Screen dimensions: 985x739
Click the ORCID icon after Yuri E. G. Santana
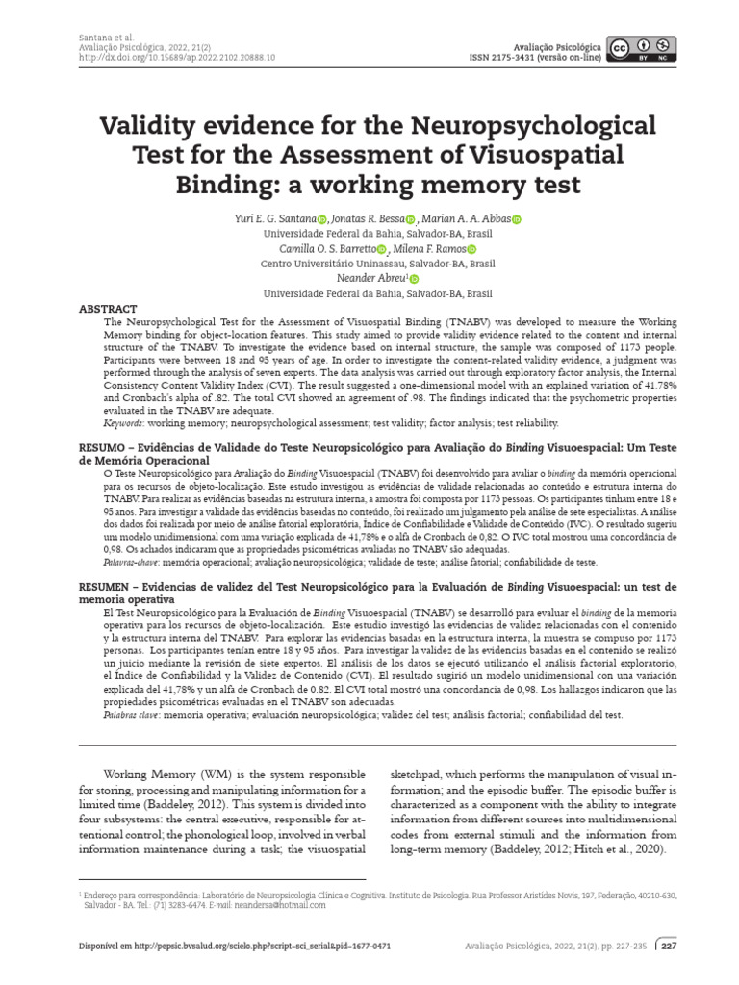click(x=321, y=219)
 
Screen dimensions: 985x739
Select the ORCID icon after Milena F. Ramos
click(x=471, y=249)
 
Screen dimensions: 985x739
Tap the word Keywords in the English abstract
click(x=124, y=422)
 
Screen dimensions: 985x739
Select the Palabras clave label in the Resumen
click(x=130, y=715)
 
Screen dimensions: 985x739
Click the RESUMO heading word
click(x=101, y=448)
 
